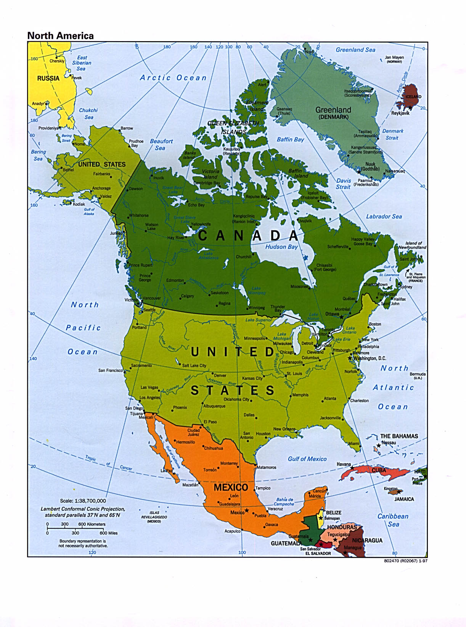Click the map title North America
pyautogui.click(x=60, y=36)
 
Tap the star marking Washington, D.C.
pyautogui.click(x=350, y=358)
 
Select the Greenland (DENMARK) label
pyautogui.click(x=333, y=113)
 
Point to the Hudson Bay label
pyautogui.click(x=281, y=247)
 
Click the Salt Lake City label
pyautogui.click(x=194, y=366)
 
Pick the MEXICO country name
pyautogui.click(x=231, y=487)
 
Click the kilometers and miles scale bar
pyautogui.click(x=76, y=529)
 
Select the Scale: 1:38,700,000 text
pyautogui.click(x=83, y=501)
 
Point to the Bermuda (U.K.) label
pyautogui.click(x=418, y=376)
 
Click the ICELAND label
pyautogui.click(x=413, y=97)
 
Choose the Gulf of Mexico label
pyautogui.click(x=307, y=459)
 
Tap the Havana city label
pyautogui.click(x=344, y=464)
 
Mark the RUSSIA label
pyautogui.click(x=48, y=78)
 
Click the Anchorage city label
pyautogui.click(x=101, y=188)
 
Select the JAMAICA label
pyautogui.click(x=404, y=499)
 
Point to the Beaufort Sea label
pyautogui.click(x=161, y=144)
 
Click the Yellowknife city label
pyautogui.click(x=201, y=224)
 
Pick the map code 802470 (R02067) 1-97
pyautogui.click(x=406, y=561)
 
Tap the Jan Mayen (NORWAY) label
pyautogui.click(x=394, y=59)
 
